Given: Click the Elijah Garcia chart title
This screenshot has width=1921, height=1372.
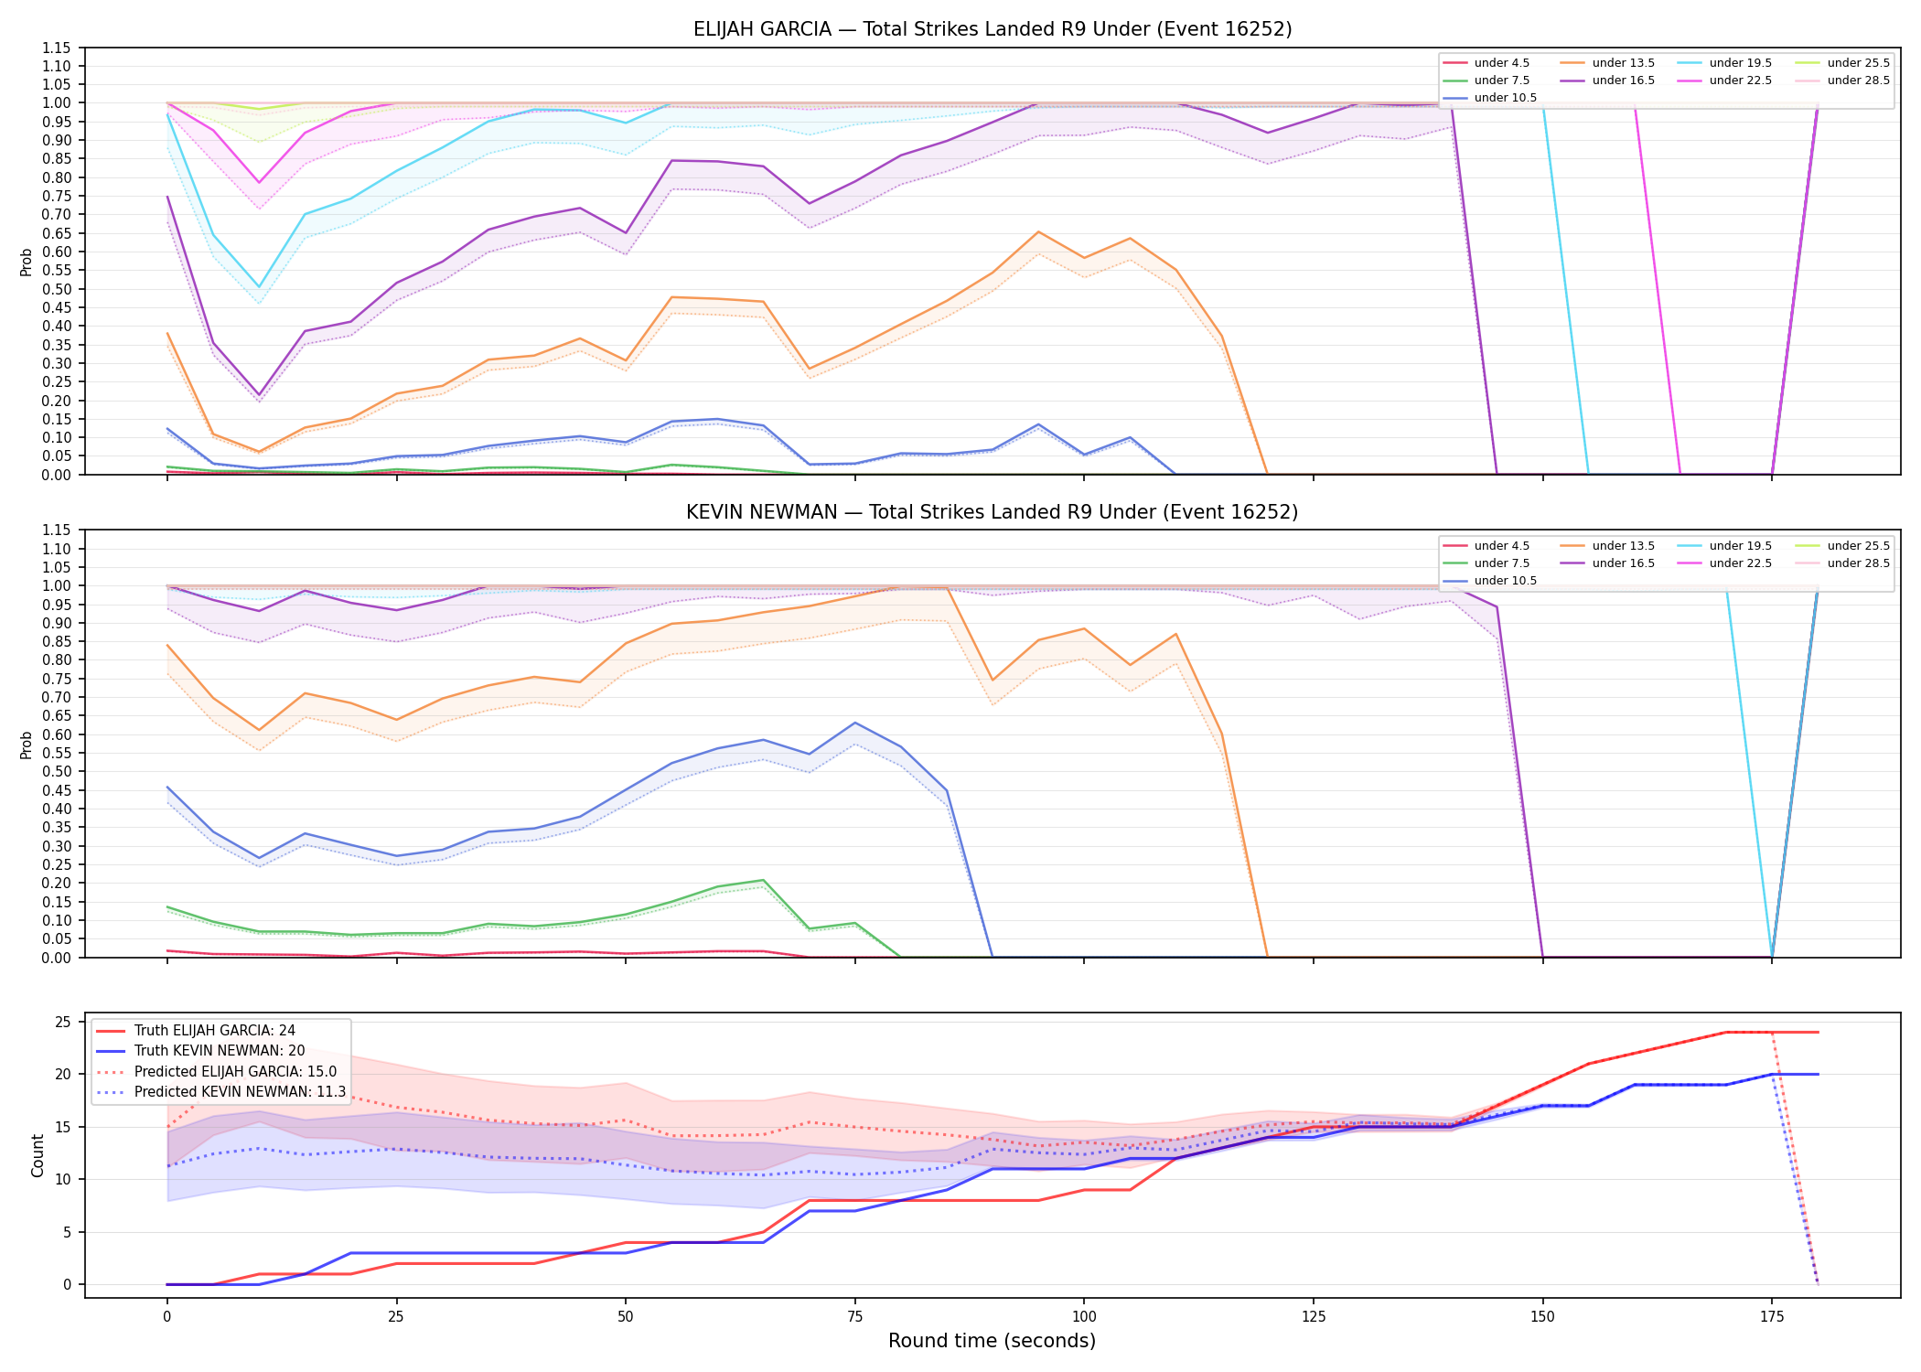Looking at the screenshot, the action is pos(993,29).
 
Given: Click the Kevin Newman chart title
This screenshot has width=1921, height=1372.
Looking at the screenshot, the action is pos(993,512).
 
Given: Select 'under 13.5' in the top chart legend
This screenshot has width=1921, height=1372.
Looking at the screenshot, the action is pos(1623,63).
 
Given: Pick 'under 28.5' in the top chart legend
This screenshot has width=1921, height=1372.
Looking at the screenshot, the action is pos(1858,80).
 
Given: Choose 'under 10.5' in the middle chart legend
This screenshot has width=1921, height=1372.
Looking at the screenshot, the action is pos(1506,581).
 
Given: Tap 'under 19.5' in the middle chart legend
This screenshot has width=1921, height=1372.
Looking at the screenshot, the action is pos(1740,546).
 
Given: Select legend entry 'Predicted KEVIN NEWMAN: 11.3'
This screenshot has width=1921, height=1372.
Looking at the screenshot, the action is pos(241,1092).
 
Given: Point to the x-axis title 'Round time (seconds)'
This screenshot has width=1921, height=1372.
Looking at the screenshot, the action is pos(993,1341).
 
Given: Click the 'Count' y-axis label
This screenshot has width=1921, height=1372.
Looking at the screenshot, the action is pos(38,1155).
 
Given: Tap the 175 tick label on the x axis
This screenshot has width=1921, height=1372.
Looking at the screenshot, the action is pos(1772,1317).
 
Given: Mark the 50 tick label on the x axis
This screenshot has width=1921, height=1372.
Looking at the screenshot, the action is pos(626,1317).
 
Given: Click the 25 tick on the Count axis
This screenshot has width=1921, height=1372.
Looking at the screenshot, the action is pos(63,1022).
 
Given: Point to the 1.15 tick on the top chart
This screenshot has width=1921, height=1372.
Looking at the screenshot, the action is pos(57,48).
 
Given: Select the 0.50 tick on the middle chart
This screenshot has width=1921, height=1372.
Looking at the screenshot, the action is pos(57,771).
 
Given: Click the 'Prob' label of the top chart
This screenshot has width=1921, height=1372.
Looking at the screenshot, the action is pos(27,262).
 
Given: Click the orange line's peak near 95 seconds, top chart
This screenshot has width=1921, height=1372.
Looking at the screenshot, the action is pos(1038,231).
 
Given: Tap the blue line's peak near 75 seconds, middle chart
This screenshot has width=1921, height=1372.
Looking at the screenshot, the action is pos(855,723).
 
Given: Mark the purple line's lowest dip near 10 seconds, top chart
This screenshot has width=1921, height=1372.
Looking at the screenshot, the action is pos(259,395).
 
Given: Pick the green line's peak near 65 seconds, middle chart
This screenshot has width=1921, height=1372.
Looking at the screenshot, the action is pos(763,880).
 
